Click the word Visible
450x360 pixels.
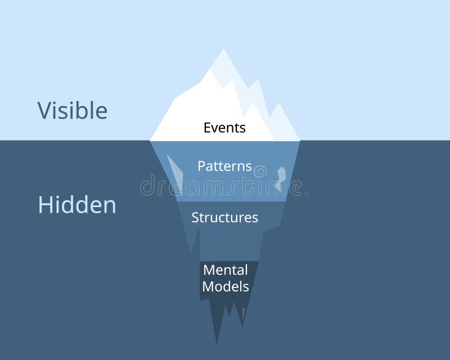(72, 110)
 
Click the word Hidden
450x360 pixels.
(76, 205)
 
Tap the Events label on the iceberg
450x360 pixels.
(224, 128)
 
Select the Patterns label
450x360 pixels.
(224, 166)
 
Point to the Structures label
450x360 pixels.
(224, 218)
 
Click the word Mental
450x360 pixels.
(225, 270)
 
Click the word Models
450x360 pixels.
(225, 286)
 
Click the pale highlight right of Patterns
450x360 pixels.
(281, 178)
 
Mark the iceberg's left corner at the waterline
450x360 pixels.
(150, 140)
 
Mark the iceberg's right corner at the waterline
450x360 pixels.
(299, 140)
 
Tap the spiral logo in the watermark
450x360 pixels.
(260, 170)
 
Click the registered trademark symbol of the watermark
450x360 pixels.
(307, 193)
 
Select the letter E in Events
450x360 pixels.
(207, 128)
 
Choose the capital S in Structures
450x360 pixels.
(195, 218)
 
